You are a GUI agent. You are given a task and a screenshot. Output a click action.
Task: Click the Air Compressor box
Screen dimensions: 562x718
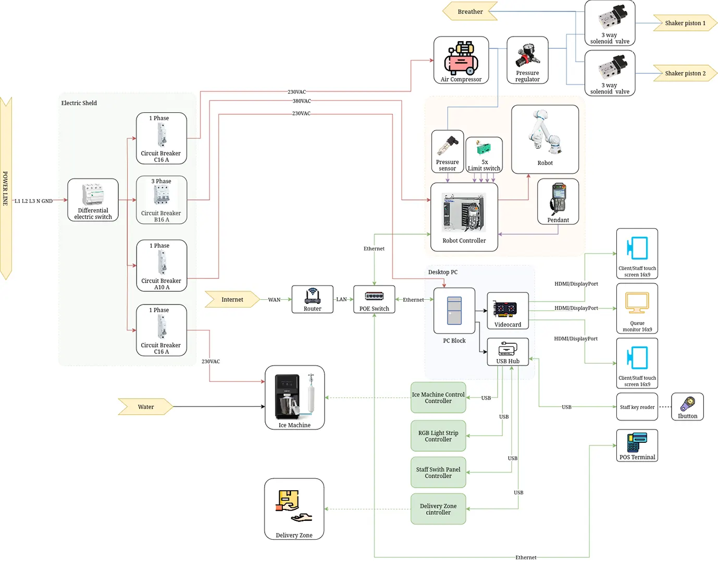tap(461, 60)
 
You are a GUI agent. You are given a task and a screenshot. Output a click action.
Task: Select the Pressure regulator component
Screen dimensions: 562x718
tap(527, 60)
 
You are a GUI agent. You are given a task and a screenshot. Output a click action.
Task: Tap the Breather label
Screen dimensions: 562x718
tap(470, 11)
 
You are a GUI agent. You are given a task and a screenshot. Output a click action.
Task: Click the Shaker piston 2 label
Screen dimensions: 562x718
tap(685, 73)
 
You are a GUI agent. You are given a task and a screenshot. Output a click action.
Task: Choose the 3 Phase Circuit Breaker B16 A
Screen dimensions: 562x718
tap(162, 200)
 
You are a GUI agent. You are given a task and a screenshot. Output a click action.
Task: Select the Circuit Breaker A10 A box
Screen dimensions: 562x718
tap(162, 265)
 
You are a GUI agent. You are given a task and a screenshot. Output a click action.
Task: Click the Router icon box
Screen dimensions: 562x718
tap(313, 299)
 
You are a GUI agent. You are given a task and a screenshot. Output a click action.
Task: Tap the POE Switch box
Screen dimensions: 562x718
tap(374, 299)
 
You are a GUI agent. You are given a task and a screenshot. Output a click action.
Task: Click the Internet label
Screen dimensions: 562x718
tap(232, 299)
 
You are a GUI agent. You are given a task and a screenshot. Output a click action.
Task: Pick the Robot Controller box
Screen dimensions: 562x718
tap(464, 217)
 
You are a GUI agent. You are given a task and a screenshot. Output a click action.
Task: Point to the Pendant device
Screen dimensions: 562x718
tap(558, 201)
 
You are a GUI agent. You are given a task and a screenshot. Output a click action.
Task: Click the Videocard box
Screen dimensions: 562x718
tap(507, 311)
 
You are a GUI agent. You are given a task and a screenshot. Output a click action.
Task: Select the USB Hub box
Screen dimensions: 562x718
tap(507, 352)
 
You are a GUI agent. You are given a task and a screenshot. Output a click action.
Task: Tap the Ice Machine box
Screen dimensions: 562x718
tap(294, 398)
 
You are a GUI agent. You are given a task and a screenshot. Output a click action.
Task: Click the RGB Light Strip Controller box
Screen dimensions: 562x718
tap(438, 436)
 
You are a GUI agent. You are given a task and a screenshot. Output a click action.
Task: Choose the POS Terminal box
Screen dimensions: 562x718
tap(637, 445)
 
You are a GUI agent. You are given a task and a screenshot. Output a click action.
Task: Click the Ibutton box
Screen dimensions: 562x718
tap(687, 406)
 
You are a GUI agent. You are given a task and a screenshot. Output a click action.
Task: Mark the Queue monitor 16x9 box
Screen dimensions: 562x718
tap(637, 309)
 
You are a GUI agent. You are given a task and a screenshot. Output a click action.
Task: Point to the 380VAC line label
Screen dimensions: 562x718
tap(302, 101)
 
